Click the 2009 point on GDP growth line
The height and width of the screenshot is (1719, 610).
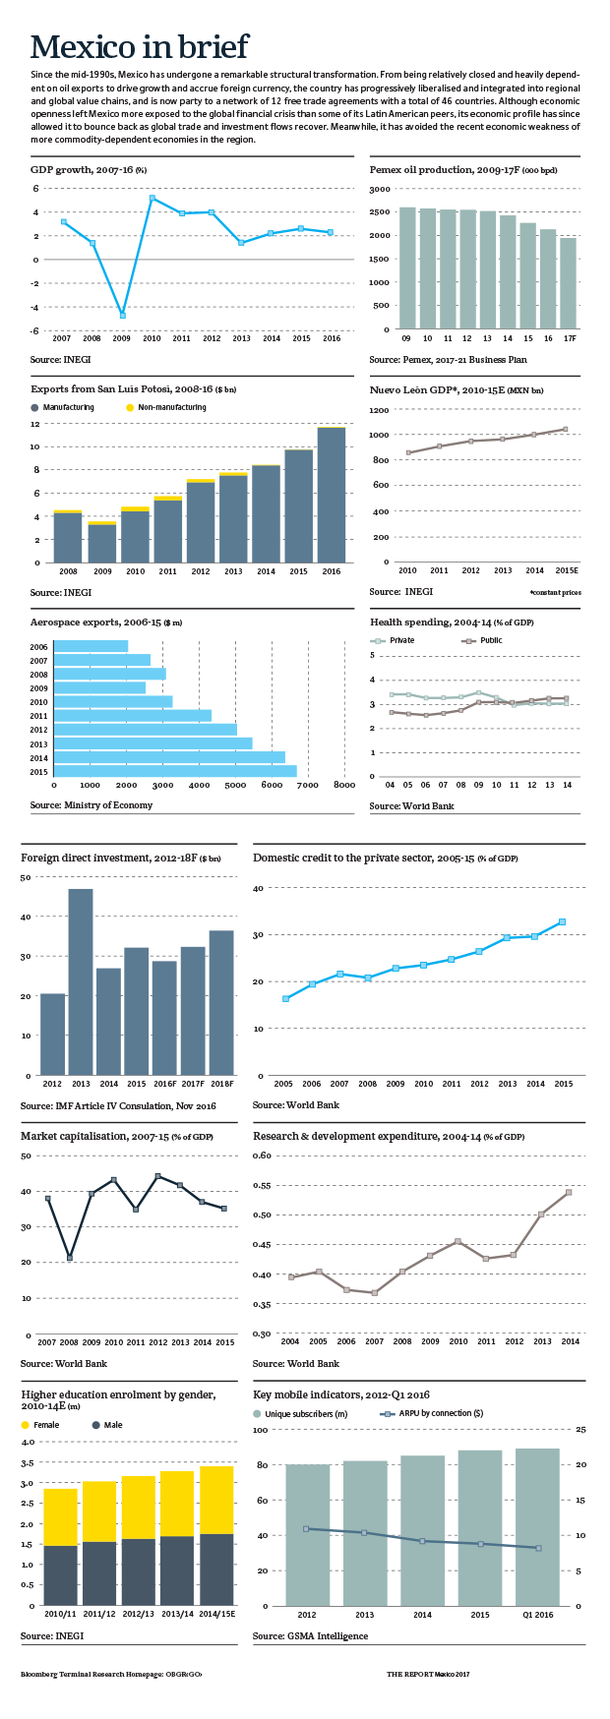pyautogui.click(x=123, y=315)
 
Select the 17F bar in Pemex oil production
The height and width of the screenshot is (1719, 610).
pyautogui.click(x=568, y=283)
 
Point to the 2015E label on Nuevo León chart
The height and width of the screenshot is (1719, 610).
pyautogui.click(x=566, y=570)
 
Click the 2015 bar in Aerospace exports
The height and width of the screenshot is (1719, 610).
pyautogui.click(x=175, y=771)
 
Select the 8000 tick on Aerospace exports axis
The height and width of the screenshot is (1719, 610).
pyautogui.click(x=343, y=785)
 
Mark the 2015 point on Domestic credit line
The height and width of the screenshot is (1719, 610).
pyautogui.click(x=562, y=921)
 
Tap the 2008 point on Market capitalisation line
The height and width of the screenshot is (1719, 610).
pyautogui.click(x=69, y=1258)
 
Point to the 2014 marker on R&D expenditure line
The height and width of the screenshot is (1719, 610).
pyautogui.click(x=568, y=1192)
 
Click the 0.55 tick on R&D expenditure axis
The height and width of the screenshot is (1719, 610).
pyautogui.click(x=262, y=1185)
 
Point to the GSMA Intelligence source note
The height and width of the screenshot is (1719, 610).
pyautogui.click(x=310, y=1635)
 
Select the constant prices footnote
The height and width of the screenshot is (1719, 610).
pyautogui.click(x=555, y=594)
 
